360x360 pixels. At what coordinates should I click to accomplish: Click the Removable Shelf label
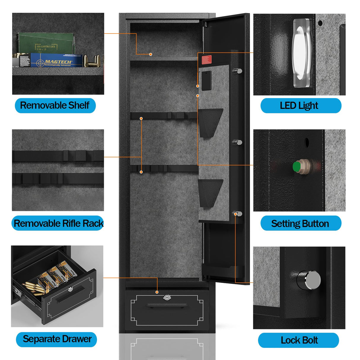[x=55, y=106]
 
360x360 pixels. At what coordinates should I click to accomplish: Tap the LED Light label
[x=300, y=106]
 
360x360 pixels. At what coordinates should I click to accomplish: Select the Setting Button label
[x=300, y=223]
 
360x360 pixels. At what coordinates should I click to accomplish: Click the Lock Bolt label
[x=299, y=340]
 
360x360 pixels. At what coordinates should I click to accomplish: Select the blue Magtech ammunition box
[x=56, y=60]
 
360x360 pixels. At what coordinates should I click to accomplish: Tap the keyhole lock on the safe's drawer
[x=167, y=297]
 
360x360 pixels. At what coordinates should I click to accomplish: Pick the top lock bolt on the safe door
[x=238, y=71]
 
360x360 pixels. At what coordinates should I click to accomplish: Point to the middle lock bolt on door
[x=238, y=142]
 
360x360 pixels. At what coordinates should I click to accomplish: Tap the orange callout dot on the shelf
[x=151, y=54]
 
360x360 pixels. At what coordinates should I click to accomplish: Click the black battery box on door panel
[x=206, y=81]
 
